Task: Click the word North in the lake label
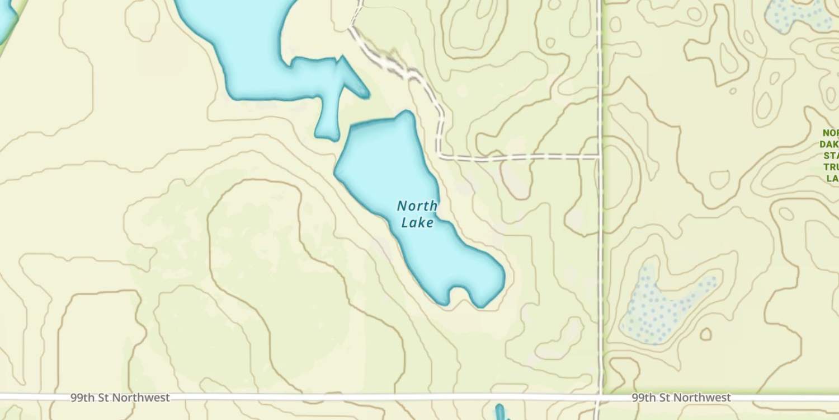pos(417,206)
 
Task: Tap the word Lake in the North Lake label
pos(417,222)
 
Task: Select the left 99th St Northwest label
pos(120,398)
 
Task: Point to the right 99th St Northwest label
pos(681,398)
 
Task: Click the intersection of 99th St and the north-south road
pos(600,398)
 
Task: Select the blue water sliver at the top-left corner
pos(7,20)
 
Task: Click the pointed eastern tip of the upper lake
pos(366,94)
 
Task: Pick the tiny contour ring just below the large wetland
pos(706,334)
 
